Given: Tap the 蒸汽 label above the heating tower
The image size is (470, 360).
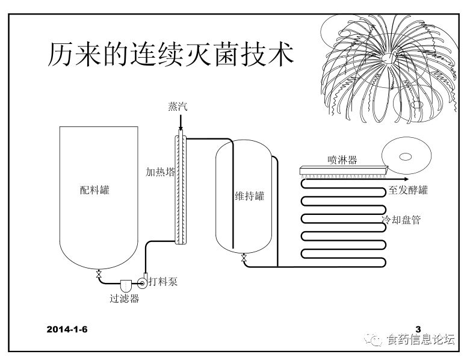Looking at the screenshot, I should (179, 107).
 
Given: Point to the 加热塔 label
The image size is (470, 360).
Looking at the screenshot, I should (160, 172).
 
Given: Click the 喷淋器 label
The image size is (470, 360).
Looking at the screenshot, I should (343, 160).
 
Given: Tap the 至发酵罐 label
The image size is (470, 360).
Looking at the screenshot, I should (409, 191).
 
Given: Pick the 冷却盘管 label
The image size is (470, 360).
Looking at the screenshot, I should (401, 220).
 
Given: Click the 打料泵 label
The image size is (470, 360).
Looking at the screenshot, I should (162, 281).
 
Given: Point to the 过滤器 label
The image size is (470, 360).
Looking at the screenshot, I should (125, 297).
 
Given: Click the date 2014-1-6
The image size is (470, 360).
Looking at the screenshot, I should (67, 329).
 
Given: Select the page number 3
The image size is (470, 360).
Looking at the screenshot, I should (418, 329).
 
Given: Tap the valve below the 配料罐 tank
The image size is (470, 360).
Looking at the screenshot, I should (98, 275).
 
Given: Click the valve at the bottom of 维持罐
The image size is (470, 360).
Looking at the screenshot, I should (243, 259).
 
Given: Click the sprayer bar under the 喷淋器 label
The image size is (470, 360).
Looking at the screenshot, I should (342, 170).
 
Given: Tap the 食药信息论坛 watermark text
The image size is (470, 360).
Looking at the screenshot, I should (421, 340).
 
